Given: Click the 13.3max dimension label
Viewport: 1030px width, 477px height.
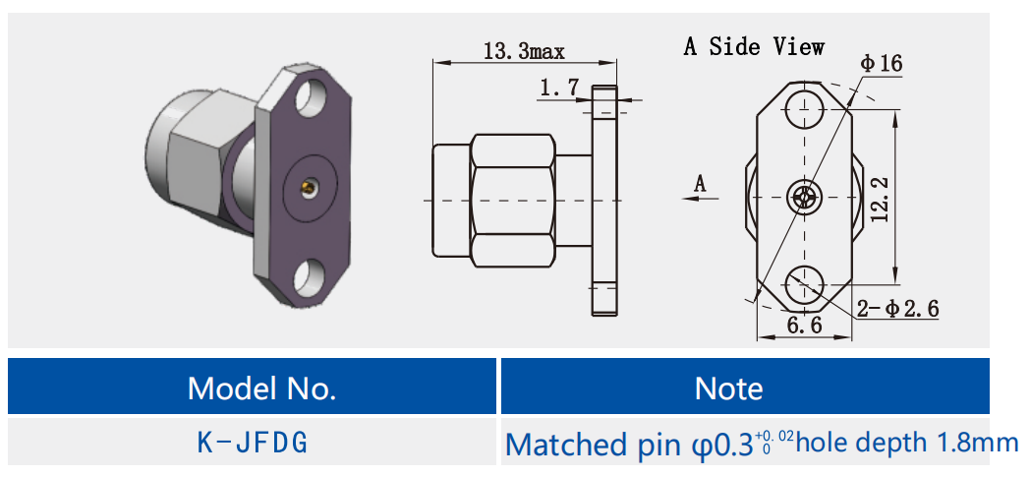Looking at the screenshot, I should pos(524,51).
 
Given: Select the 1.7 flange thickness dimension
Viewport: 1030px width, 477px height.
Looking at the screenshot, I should pos(559,89).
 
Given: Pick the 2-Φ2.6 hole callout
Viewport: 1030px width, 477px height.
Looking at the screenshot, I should pos(896,309).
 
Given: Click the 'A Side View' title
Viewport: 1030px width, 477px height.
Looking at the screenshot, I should pos(754,46).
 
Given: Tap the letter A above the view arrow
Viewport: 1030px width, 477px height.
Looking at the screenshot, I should pos(700,182).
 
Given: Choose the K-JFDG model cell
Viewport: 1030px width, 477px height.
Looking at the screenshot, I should pos(253,443).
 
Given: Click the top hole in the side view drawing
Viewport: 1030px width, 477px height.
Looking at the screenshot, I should pos(805,107).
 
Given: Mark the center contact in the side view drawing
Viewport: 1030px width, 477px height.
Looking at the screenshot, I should pos(805,197).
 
